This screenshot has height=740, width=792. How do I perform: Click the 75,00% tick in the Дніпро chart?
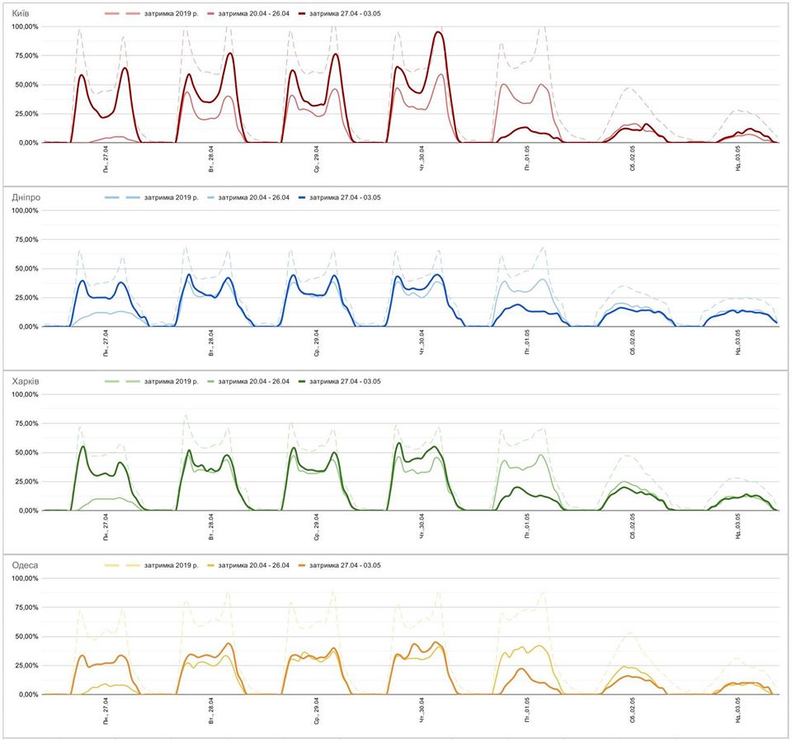click(25, 240)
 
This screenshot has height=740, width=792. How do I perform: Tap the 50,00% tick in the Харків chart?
click(25, 453)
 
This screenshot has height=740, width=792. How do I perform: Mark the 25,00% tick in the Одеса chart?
click(25, 666)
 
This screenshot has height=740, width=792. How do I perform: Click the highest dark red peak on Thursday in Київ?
click(438, 32)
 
